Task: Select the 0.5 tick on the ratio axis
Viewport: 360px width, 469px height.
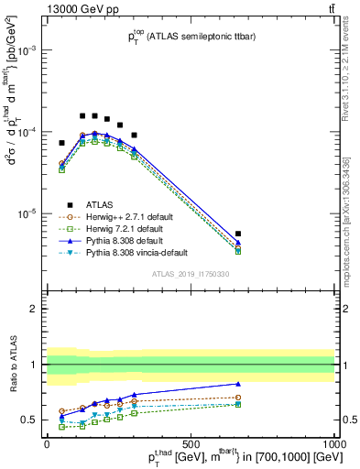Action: click(x=33, y=420)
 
